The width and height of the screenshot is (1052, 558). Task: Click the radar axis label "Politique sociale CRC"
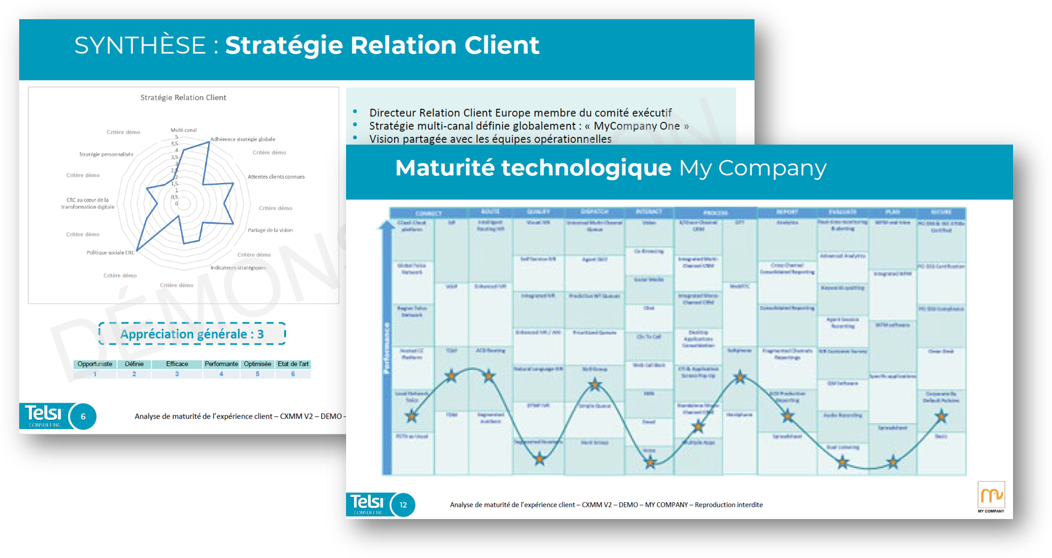110,253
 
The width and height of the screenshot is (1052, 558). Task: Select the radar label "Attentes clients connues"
276,177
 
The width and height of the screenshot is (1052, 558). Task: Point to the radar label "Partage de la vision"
270,230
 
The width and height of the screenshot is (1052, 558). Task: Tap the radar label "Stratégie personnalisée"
106,154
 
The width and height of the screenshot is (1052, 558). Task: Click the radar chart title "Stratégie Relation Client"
183,97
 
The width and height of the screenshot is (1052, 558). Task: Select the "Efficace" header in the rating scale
177,364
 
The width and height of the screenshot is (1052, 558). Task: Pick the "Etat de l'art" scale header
293,364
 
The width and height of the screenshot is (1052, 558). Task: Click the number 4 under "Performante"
221,374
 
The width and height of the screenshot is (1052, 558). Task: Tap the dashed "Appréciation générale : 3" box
192,334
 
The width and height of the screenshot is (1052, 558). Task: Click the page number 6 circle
83,416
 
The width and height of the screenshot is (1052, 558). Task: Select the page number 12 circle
403,505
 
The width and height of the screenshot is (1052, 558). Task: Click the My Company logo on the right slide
991,496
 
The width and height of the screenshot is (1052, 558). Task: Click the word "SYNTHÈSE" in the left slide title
140,46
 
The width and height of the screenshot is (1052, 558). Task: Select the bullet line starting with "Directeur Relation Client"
520,113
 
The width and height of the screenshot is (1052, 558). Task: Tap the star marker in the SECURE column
941,415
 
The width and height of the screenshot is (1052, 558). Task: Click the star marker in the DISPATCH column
594,384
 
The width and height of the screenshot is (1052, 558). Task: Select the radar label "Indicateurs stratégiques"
238,268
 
